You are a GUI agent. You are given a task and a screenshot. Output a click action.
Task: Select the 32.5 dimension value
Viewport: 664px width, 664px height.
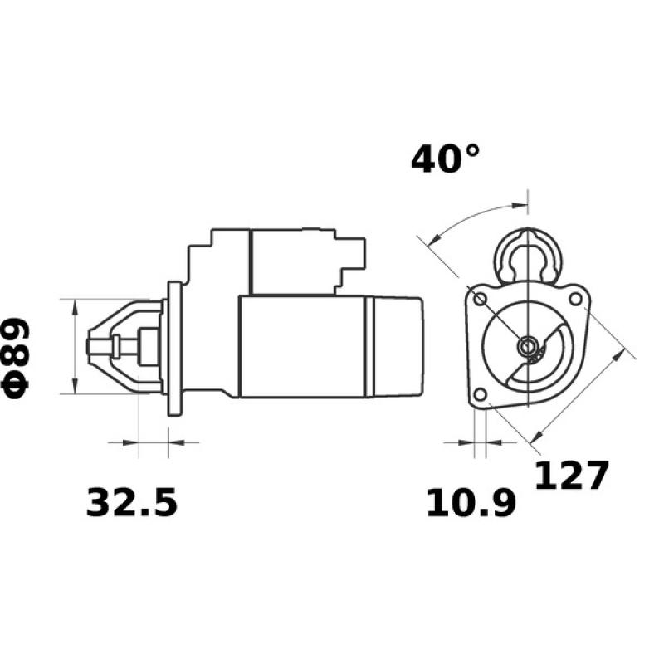tap(132, 502)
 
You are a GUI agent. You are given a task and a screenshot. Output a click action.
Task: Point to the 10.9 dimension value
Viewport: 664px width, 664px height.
tap(471, 504)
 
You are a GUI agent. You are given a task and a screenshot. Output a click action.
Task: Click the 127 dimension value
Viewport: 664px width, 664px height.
tap(571, 476)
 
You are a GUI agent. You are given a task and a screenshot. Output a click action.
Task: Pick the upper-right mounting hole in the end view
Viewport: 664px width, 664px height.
tap(574, 295)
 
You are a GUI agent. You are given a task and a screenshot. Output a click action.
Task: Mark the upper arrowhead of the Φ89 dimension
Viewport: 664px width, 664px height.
tap(75, 306)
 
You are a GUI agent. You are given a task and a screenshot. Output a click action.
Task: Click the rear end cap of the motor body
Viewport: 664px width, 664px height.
tap(397, 345)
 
